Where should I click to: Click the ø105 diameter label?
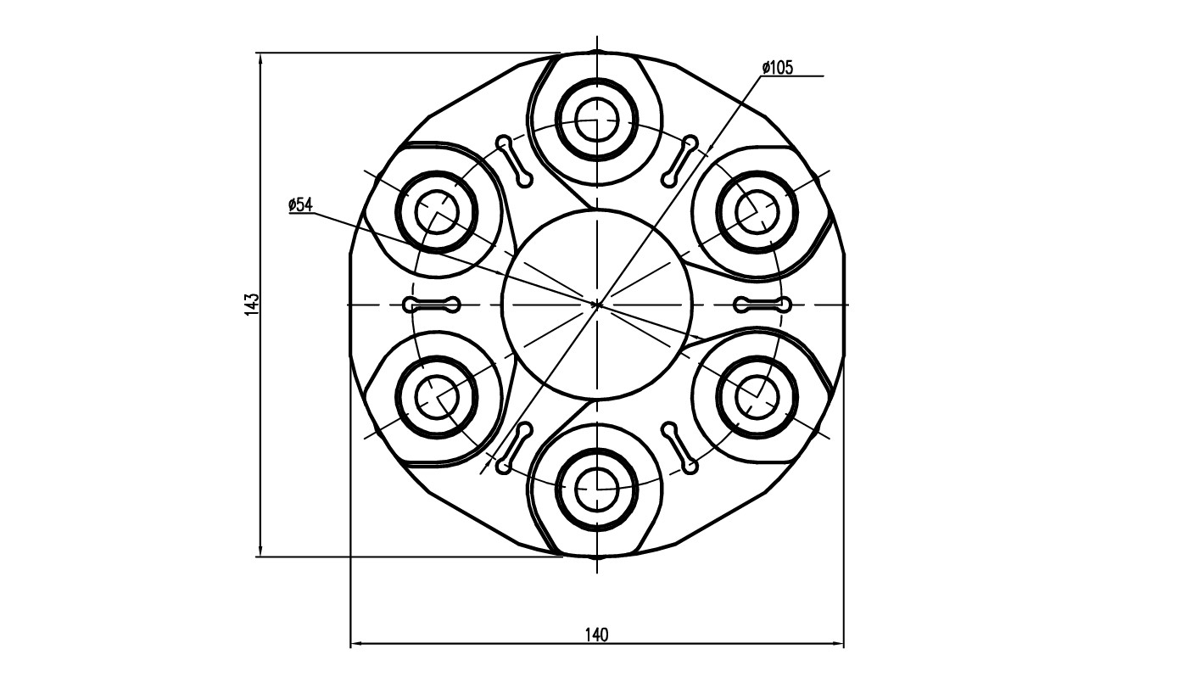click(x=778, y=68)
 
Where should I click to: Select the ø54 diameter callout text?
click(x=300, y=204)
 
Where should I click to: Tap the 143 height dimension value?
click(x=251, y=305)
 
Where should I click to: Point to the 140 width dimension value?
click(x=597, y=635)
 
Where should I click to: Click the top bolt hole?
click(x=597, y=120)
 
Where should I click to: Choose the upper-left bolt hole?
click(x=437, y=212)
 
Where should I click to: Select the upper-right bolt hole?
click(x=757, y=212)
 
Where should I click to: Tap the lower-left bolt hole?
click(x=437, y=397)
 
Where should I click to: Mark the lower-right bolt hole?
click(x=757, y=397)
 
